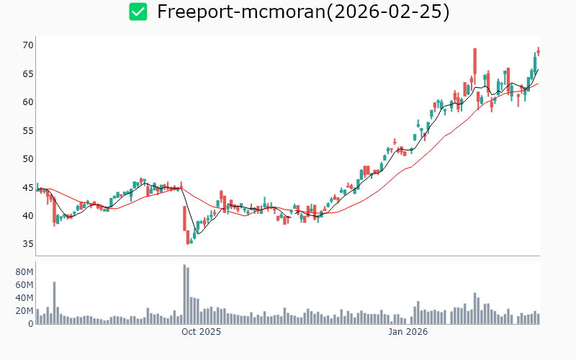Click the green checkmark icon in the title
tap(138, 12)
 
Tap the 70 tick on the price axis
tap(28, 45)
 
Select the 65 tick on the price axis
tap(28, 73)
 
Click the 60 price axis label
tap(28, 102)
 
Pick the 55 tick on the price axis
tap(28, 130)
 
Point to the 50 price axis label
tap(28, 158)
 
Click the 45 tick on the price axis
tap(28, 187)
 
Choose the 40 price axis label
tap(28, 215)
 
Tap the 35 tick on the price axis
tap(28, 243)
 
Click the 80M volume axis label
tap(24, 272)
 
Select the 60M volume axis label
tap(24, 285)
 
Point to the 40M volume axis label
tap(24, 298)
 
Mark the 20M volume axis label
tap(24, 311)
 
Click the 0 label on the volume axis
tap(30, 324)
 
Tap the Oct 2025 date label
tap(201, 332)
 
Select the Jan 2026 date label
tap(408, 332)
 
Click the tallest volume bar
tap(184, 294)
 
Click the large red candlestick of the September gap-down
tap(184, 218)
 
